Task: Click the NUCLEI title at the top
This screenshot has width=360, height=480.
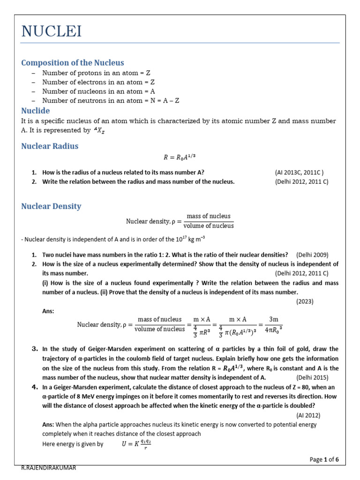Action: pos(52,31)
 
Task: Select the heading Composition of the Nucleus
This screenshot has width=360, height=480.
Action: pos(73,62)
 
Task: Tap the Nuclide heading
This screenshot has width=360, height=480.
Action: pos(36,111)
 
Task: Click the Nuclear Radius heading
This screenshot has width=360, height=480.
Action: pos(50,146)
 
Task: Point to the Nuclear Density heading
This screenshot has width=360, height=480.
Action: pos(51,206)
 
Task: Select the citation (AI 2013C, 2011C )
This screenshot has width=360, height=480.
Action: pos(299,172)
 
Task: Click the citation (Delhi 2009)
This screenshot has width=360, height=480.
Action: pos(312,255)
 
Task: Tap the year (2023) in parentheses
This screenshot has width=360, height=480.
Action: pos(305,301)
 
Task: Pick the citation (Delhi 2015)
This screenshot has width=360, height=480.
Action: pos(312,377)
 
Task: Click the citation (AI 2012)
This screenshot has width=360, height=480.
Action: pos(308,415)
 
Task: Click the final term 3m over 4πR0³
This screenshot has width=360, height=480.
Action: pos(272,324)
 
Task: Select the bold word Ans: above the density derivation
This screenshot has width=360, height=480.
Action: pos(48,310)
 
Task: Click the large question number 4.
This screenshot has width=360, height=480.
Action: pos(34,387)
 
